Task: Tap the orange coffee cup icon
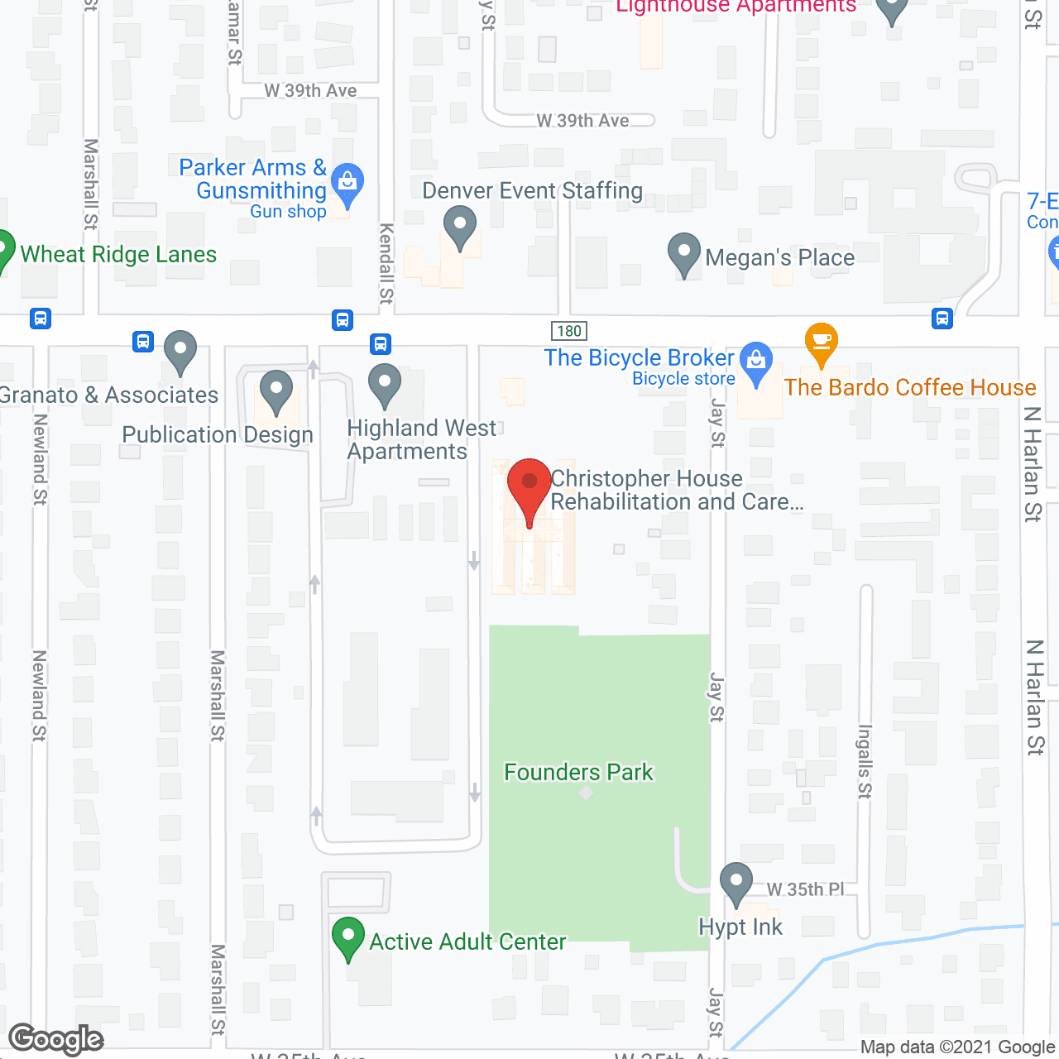tap(821, 342)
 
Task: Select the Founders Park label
tap(578, 772)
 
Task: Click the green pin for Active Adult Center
tap(348, 937)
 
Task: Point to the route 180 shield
tap(569, 331)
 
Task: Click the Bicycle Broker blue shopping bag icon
tap(756, 362)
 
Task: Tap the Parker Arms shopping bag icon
tap(347, 183)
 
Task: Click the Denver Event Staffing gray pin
tap(460, 226)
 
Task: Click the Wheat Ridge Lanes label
tap(118, 254)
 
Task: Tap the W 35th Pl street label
tap(805, 889)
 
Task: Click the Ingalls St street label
tap(865, 761)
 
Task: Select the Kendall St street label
tap(386, 263)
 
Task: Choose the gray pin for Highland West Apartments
tap(384, 384)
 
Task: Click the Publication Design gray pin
tap(276, 391)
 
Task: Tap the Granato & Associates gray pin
tap(180, 351)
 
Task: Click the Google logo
tap(56, 1039)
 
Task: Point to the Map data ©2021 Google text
tap(958, 1047)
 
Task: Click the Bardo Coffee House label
tap(910, 387)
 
